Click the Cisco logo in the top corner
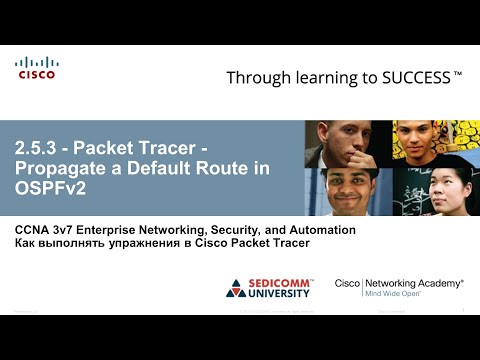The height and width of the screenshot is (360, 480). (x=36, y=68)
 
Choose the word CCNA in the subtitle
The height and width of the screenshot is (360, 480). (x=34, y=230)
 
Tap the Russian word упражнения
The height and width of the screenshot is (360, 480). (x=152, y=244)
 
